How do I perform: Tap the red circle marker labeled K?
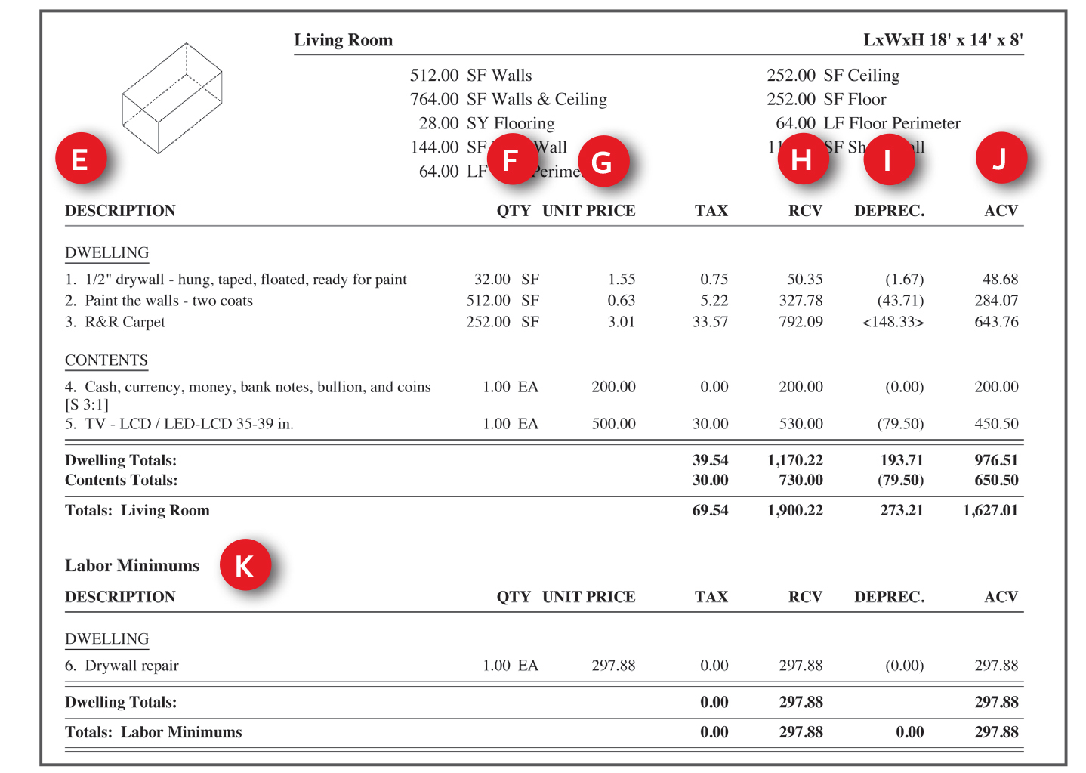click(245, 564)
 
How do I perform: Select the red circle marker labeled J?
click(1000, 158)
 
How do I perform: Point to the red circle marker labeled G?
click(603, 162)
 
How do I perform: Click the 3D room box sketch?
click(172, 98)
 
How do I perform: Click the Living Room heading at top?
click(343, 40)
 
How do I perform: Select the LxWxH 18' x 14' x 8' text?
click(943, 40)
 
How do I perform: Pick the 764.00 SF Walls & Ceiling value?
click(508, 99)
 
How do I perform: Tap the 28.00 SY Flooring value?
click(486, 123)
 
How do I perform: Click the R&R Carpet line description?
click(125, 322)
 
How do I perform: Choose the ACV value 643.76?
click(996, 322)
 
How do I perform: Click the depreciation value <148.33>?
click(893, 322)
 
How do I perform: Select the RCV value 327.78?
click(801, 301)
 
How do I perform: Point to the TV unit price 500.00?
click(613, 424)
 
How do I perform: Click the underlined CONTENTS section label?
click(106, 360)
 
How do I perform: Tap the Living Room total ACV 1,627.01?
click(990, 510)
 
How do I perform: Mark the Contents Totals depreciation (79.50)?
click(900, 480)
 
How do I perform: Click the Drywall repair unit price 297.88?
click(613, 666)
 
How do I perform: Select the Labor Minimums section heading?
click(132, 566)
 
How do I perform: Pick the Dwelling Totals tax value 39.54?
click(710, 460)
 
